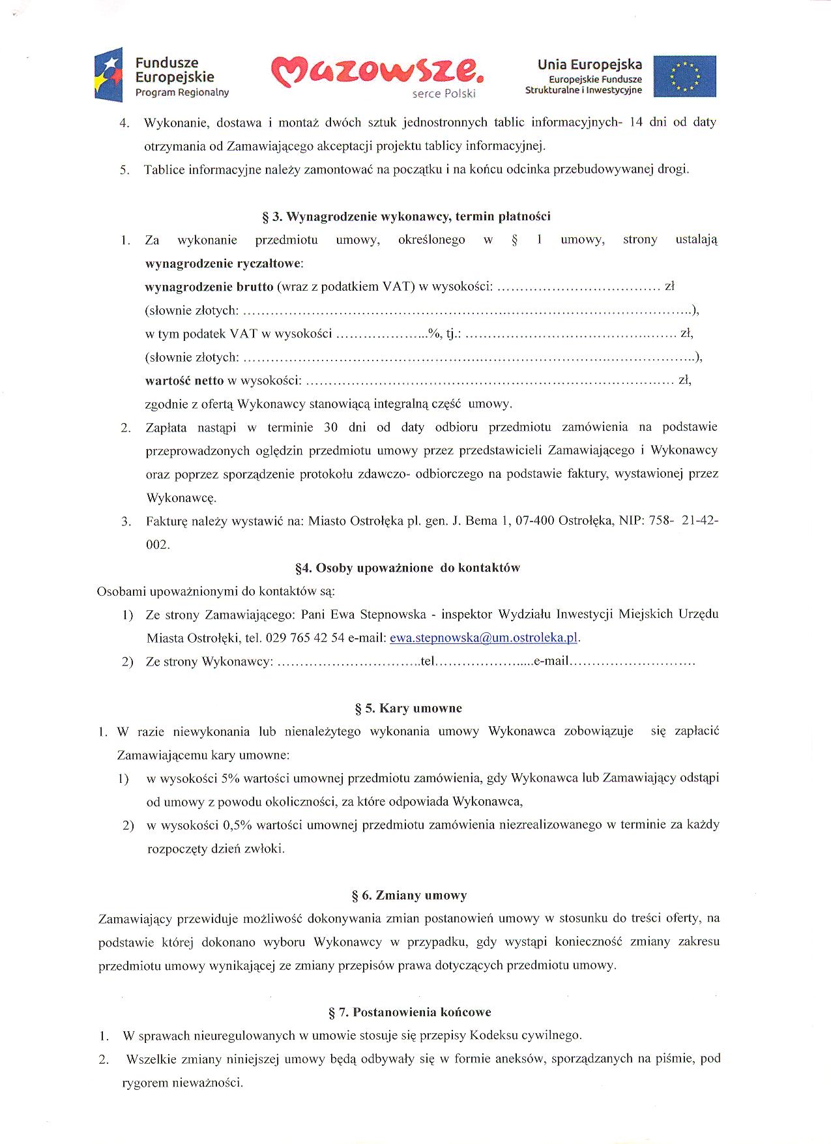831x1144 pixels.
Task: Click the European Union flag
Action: coord(684,76)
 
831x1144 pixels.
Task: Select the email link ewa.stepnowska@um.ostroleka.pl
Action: coord(484,638)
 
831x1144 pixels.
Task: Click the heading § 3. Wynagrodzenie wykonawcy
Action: coord(406,216)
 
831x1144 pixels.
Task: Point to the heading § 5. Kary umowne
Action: coord(408,708)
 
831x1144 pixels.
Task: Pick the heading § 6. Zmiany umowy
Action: coord(409,895)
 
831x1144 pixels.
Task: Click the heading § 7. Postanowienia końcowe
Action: coord(410,1012)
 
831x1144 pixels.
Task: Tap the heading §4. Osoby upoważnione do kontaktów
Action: coord(407,568)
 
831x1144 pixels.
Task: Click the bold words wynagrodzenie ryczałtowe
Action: coord(224,263)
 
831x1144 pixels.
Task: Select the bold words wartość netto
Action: coord(184,380)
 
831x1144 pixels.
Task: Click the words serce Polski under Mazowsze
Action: coord(444,94)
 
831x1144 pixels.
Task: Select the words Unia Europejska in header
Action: coord(589,65)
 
